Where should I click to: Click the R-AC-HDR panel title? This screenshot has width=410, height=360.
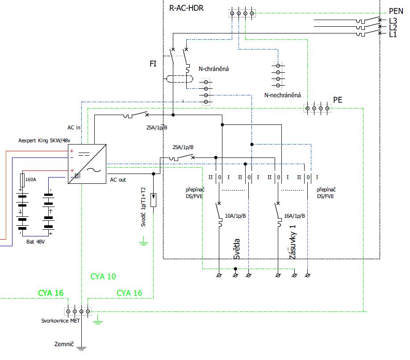[186, 8]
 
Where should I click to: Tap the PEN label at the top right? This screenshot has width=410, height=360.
[396, 11]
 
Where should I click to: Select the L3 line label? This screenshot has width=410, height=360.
[393, 21]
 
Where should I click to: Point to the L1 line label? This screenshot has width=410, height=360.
[393, 34]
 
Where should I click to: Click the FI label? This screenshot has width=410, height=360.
[153, 64]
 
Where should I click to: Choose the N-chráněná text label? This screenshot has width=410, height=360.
[213, 69]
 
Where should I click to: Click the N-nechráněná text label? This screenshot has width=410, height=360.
[282, 95]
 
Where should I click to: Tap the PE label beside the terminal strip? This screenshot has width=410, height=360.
[338, 100]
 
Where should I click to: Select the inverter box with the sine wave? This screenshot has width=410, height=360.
[87, 164]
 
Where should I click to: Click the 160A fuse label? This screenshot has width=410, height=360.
[30, 179]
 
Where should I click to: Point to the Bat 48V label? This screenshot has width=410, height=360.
[36, 242]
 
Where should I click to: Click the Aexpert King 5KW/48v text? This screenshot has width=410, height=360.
[44, 141]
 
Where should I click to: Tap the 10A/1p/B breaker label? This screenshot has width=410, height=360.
[235, 216]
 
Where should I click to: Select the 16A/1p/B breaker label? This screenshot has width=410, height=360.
[294, 216]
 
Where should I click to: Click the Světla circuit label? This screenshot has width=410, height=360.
[236, 249]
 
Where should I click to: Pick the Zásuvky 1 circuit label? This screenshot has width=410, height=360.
[293, 242]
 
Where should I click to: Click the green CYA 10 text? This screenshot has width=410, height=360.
[103, 277]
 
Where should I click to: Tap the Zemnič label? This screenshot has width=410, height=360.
[64, 344]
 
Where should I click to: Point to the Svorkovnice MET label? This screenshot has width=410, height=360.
[60, 321]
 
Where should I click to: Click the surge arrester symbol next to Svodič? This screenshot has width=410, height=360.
[153, 200]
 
